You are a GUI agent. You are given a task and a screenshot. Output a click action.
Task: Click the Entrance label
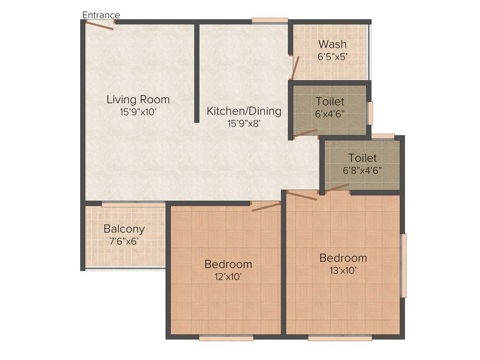point(101,15)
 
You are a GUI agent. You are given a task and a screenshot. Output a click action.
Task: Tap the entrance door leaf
point(99,26)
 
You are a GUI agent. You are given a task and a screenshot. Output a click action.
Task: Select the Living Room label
point(138,99)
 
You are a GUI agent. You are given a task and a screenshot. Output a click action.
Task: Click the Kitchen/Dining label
point(244,111)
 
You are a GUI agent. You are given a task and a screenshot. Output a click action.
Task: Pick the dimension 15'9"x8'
point(244,124)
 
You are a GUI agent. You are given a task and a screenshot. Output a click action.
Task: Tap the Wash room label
point(332,44)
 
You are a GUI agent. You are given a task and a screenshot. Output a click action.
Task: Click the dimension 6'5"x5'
point(332,56)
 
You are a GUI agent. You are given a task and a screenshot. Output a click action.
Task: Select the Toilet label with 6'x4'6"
point(330,101)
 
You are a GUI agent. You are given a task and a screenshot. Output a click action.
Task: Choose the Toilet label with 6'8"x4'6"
point(362,158)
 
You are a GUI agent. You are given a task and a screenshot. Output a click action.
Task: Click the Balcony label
point(124,229)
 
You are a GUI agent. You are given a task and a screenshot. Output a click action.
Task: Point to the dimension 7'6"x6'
point(124,241)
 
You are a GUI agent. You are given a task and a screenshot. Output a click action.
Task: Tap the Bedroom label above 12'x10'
point(228,264)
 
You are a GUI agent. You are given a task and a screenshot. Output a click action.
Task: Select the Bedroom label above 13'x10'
point(343,258)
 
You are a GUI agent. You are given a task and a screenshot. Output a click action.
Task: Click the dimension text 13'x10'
point(343,270)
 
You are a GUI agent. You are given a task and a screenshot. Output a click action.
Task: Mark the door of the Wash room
point(294,68)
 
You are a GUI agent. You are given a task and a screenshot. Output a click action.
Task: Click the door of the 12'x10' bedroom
point(266,207)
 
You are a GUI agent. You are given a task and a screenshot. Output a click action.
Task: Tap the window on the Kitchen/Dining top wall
point(270,20)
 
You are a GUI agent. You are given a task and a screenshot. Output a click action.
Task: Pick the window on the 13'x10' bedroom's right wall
point(403,265)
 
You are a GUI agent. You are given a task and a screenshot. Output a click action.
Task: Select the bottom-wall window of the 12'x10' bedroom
point(226,337)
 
